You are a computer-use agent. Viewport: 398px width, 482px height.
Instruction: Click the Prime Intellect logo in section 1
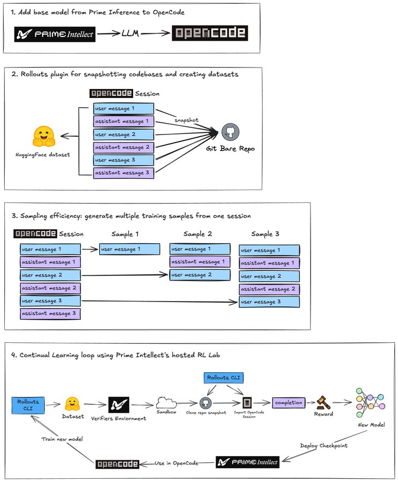pyautogui.click(x=55, y=34)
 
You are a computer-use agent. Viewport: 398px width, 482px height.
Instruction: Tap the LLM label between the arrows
pyautogui.click(x=130, y=33)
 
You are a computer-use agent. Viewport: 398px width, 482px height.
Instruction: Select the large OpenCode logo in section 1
pyautogui.click(x=210, y=33)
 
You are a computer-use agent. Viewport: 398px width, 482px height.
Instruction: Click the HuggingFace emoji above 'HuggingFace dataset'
pyautogui.click(x=43, y=136)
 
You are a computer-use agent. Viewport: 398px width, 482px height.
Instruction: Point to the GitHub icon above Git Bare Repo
pyautogui.click(x=230, y=132)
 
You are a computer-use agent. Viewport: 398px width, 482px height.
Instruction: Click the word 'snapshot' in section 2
pyautogui.click(x=187, y=120)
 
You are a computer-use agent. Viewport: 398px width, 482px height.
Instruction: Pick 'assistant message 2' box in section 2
pyautogui.click(x=123, y=148)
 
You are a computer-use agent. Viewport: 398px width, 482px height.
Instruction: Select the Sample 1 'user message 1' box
pyautogui.click(x=130, y=249)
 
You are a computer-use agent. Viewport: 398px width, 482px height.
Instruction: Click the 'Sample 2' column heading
pyautogui.click(x=197, y=234)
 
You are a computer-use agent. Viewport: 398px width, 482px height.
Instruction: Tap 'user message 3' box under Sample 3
pyautogui.click(x=269, y=302)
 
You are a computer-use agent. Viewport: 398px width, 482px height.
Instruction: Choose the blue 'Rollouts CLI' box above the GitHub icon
pyautogui.click(x=224, y=378)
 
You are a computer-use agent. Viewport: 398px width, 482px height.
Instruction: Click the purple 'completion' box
pyautogui.click(x=289, y=403)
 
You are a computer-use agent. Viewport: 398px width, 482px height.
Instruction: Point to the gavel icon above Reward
pyautogui.click(x=323, y=403)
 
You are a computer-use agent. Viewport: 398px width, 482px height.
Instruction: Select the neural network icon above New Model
pyautogui.click(x=371, y=402)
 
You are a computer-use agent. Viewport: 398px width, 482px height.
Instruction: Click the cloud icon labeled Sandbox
pyautogui.click(x=166, y=402)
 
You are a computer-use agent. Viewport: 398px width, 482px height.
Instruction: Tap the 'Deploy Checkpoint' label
pyautogui.click(x=324, y=446)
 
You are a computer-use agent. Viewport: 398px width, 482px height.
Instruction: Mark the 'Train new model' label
pyautogui.click(x=62, y=439)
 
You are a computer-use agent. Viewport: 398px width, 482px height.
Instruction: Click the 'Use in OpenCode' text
pyautogui.click(x=176, y=463)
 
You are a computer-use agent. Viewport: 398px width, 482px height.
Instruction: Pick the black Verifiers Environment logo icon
pyautogui.click(x=119, y=404)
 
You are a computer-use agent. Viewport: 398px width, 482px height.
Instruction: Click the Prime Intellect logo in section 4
pyautogui.click(x=248, y=462)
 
